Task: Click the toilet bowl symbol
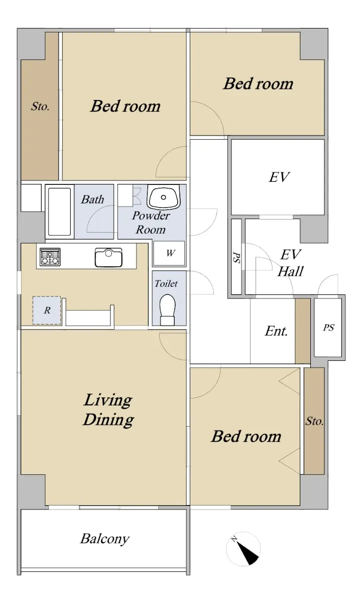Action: tap(167, 310)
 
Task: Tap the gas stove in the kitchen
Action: tap(50, 257)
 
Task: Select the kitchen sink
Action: tap(108, 257)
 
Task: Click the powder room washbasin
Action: tap(163, 196)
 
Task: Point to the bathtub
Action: tap(59, 212)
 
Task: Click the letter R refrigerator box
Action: tap(47, 311)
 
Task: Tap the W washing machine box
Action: tap(169, 253)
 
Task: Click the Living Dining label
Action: tap(108, 410)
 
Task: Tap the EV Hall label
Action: tap(291, 263)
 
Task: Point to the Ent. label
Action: tap(276, 331)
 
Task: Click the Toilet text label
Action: tap(166, 283)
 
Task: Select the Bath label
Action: tap(92, 199)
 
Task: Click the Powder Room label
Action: tap(151, 223)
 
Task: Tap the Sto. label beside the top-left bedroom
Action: tap(40, 107)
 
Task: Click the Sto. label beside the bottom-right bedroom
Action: tap(314, 421)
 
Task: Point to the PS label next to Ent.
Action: tap(328, 328)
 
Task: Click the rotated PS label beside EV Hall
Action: tap(236, 257)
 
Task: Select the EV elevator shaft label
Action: tap(279, 177)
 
